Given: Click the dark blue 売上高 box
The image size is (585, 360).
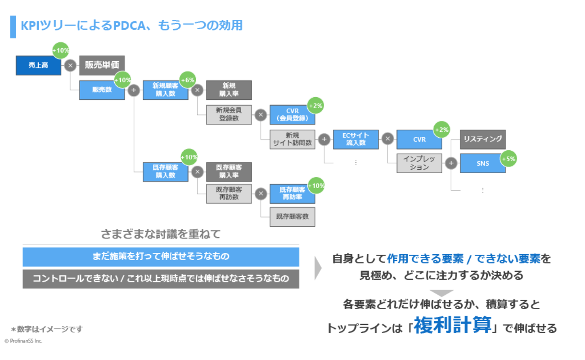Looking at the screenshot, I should [38, 65].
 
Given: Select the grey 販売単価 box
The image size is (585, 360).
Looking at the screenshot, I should [102, 65].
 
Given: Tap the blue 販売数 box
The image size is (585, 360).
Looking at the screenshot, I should [102, 90].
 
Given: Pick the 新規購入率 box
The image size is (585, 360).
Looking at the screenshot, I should [229, 90].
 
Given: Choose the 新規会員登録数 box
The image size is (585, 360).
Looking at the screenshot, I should [229, 115].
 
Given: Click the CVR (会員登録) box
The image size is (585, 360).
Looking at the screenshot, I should [292, 115].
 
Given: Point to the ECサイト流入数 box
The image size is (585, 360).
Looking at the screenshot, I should [355, 139].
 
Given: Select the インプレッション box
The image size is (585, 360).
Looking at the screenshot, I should [419, 163].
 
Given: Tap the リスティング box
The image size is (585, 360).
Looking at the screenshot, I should [482, 139].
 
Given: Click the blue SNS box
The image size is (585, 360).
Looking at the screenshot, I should [482, 163].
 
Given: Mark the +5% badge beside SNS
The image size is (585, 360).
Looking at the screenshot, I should [509, 158].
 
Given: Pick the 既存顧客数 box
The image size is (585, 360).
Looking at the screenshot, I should [292, 217].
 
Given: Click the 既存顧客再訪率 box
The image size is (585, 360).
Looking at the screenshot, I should [292, 193].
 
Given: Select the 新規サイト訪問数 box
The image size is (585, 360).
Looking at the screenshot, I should [292, 139].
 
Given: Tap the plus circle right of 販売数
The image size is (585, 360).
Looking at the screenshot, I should [134, 90].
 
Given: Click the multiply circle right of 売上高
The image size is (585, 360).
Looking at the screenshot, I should [70, 66].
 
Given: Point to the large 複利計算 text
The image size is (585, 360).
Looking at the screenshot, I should [453, 325].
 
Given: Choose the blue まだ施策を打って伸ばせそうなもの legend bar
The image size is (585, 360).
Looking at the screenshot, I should [161, 256].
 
